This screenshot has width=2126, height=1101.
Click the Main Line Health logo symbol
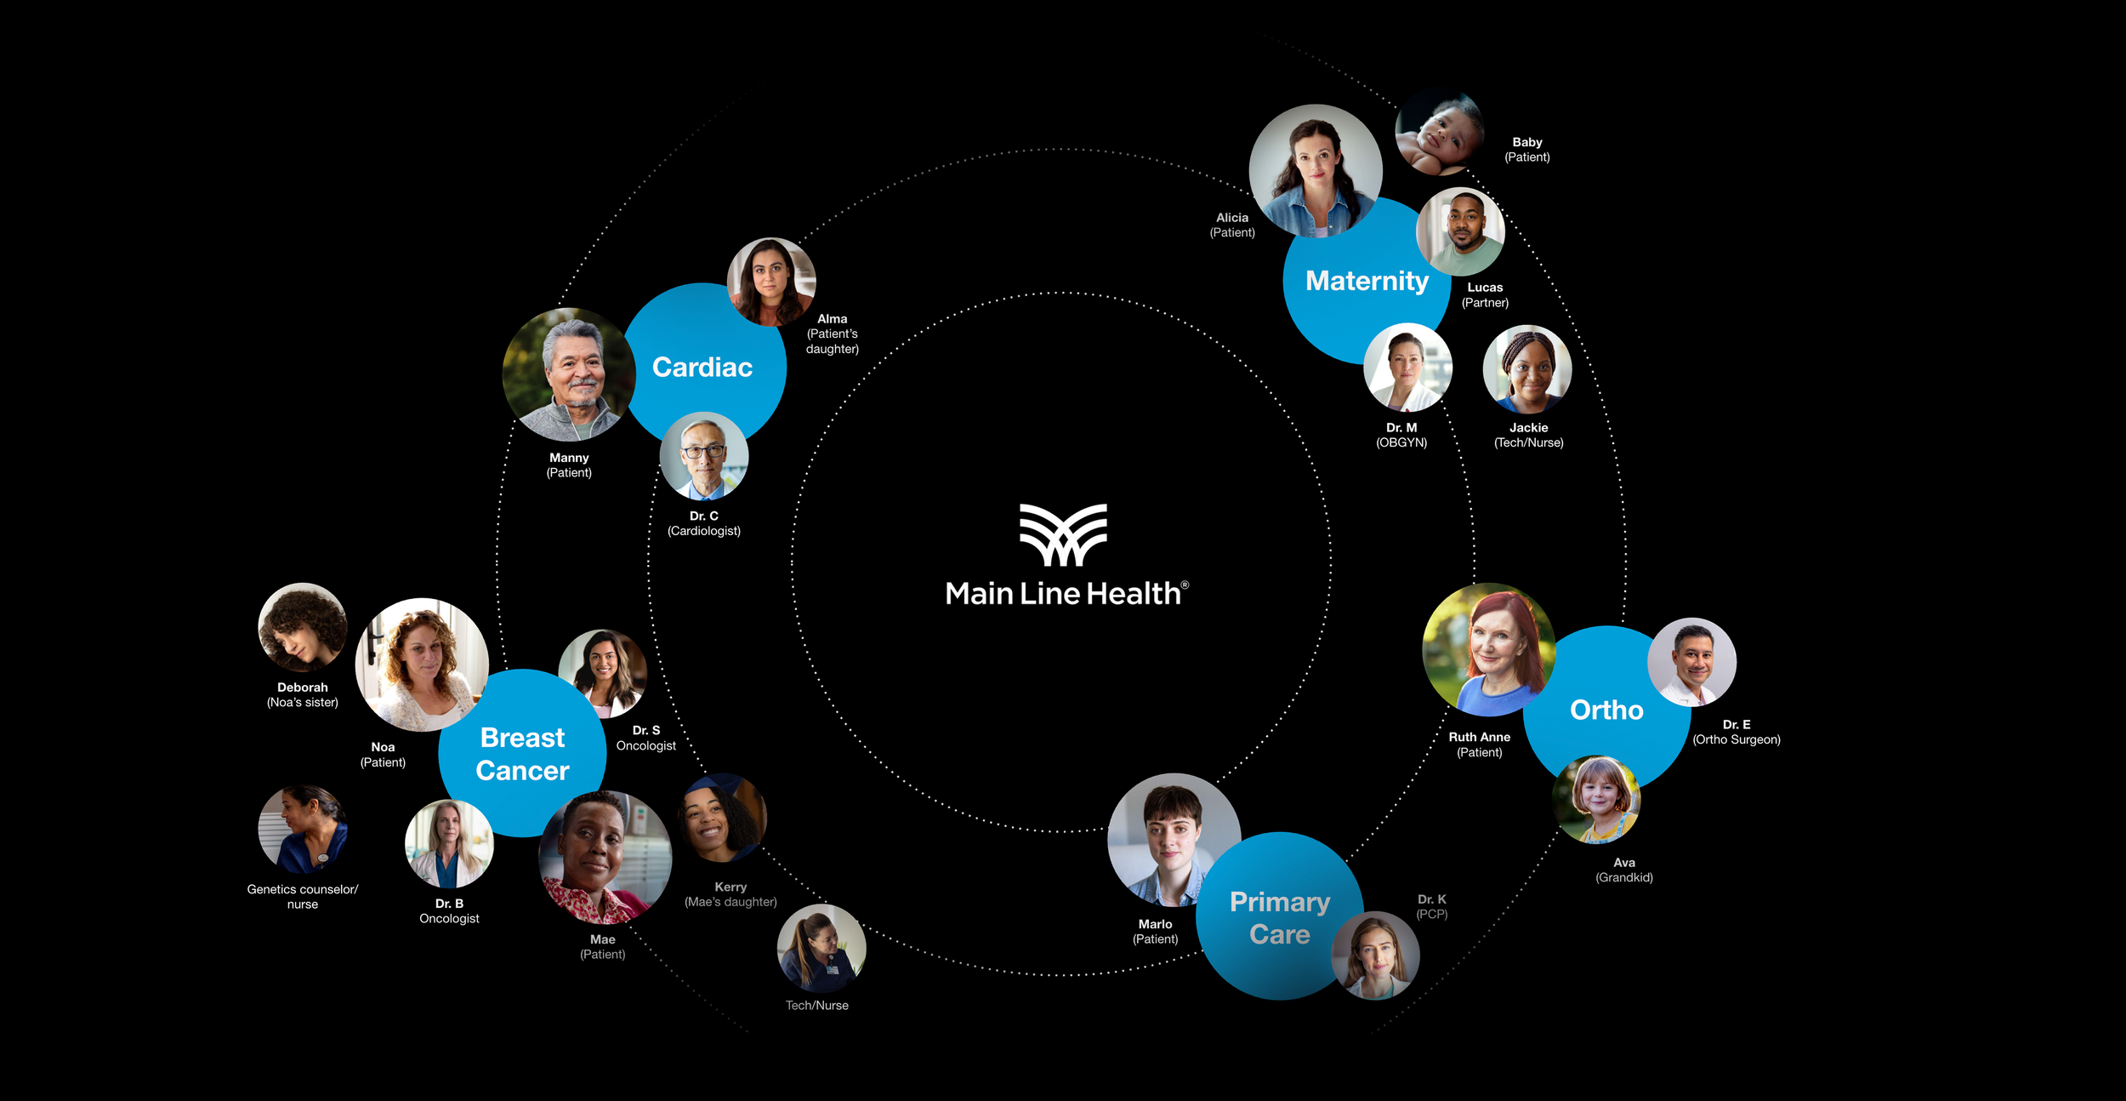coord(1063,534)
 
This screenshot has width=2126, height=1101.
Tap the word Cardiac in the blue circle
coord(702,367)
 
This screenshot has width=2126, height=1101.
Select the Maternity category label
coord(1367,281)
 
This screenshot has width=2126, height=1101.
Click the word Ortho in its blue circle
coord(1606,710)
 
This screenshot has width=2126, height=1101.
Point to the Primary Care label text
coord(1280,917)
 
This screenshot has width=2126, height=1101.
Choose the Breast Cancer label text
coord(522,754)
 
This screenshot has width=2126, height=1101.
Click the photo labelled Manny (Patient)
coord(569,374)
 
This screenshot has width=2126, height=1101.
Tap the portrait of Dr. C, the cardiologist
coord(704,457)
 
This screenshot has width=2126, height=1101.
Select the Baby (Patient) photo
coord(1440,132)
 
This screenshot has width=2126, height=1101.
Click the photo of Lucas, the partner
coord(1460,231)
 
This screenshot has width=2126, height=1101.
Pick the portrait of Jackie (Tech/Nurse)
coord(1527,369)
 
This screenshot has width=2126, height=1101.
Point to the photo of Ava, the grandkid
coord(1596,799)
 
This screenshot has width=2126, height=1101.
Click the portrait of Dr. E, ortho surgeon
coord(1691,662)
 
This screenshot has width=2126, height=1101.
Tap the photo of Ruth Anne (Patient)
coord(1489,649)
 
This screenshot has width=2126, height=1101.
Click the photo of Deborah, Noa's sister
coord(303,627)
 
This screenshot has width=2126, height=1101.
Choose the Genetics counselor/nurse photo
coord(303,829)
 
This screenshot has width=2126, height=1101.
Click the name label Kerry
coord(730,887)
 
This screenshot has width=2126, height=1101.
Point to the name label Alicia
coord(1232,218)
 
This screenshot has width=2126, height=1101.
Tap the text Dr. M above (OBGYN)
coord(1401,428)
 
